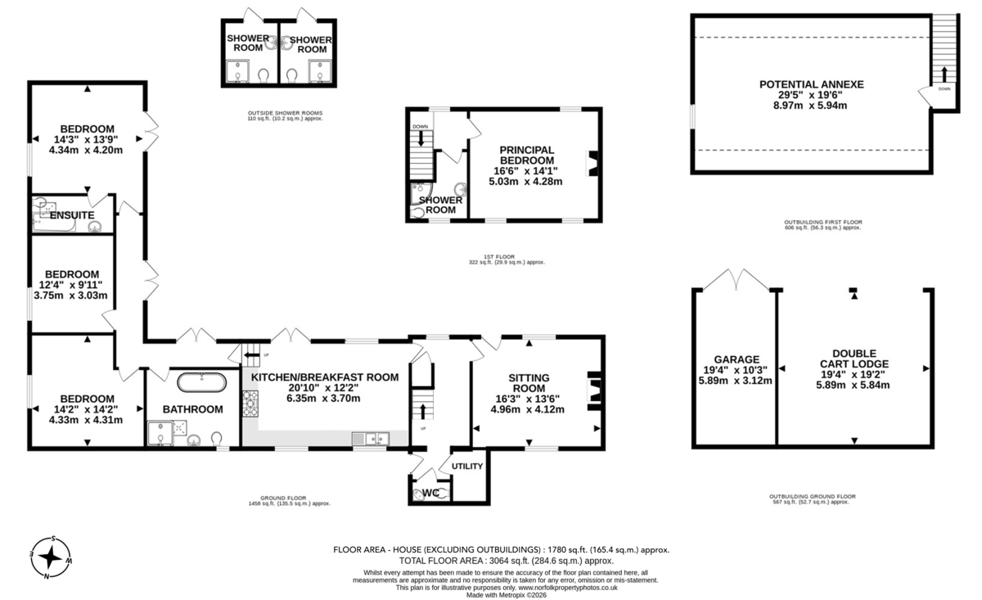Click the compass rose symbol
pyautogui.click(x=51, y=557)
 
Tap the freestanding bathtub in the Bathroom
pyautogui.click(x=201, y=382)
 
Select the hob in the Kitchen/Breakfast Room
pyautogui.click(x=250, y=404)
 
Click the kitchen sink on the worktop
pyautogui.click(x=371, y=439)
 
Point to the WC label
pyautogui.click(x=431, y=494)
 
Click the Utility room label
pyautogui.click(x=467, y=467)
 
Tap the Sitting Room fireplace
pyautogui.click(x=593, y=390)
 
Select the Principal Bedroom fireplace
pyautogui.click(x=592, y=164)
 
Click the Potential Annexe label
pyautogui.click(x=812, y=84)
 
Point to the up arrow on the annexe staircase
pyautogui.click(x=944, y=74)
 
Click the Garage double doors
pyautogui.click(x=736, y=279)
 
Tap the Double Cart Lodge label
pyautogui.click(x=854, y=359)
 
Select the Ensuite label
pyautogui.click(x=72, y=215)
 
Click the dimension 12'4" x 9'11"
pyautogui.click(x=72, y=285)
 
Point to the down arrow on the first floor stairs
pyautogui.click(x=421, y=138)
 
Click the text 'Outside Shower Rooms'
pyautogui.click(x=285, y=113)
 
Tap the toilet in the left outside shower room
pyautogui.click(x=264, y=75)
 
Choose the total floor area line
pyautogui.click(x=507, y=561)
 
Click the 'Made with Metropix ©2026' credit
pyautogui.click(x=507, y=595)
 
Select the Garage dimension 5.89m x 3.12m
pyautogui.click(x=735, y=381)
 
